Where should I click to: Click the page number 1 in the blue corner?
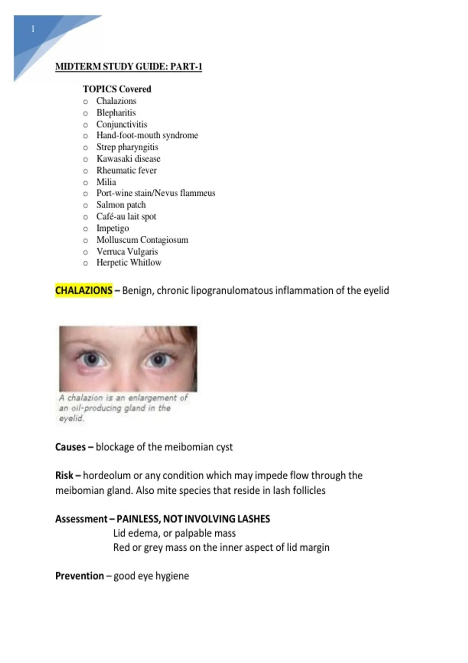33,29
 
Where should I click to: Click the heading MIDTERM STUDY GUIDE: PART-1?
128,67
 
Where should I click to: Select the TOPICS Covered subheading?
117,89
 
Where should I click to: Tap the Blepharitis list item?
116,113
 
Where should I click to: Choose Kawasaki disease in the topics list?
128,159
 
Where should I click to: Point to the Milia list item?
106,182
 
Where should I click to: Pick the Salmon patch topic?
121,205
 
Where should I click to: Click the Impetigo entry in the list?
112,228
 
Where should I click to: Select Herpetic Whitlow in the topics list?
129,262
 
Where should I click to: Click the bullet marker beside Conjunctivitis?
85,125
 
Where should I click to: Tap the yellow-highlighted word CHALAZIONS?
84,291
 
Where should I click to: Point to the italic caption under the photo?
123,408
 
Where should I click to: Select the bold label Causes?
70,447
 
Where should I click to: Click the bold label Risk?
64,475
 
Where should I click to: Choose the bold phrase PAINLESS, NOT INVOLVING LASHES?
193,519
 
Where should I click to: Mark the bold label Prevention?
80,576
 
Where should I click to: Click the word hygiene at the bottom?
172,576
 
